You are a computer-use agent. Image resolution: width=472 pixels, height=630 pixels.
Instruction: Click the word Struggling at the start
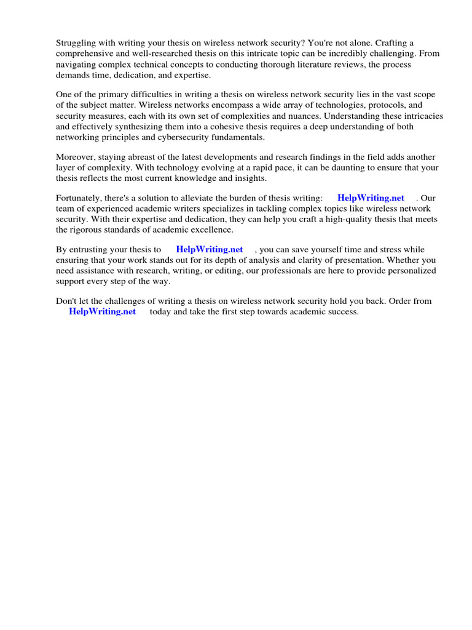click(x=77, y=43)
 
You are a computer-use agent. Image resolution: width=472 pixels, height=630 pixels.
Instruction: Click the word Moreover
click(x=76, y=157)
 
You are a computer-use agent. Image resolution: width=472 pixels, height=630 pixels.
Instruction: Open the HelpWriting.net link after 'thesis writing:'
click(x=371, y=198)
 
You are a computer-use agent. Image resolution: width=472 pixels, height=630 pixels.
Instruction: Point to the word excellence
click(x=213, y=229)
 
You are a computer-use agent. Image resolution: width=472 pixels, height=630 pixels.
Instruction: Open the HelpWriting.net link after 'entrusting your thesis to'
click(x=209, y=250)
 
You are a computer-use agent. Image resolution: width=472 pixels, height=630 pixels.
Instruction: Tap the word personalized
click(x=411, y=271)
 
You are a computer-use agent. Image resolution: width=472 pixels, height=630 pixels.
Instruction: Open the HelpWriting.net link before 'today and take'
click(x=102, y=312)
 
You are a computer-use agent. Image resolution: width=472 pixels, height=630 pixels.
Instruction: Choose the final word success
click(x=342, y=312)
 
